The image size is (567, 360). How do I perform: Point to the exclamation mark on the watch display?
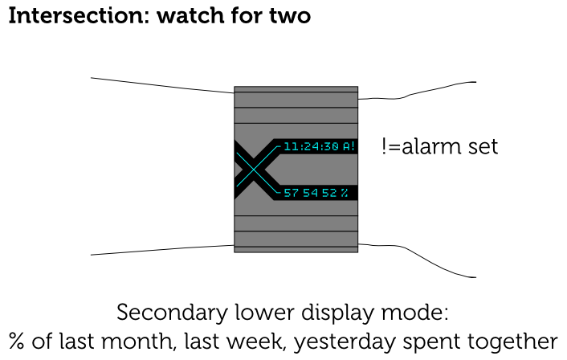(x=353, y=147)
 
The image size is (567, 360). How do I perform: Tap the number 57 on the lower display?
(x=292, y=193)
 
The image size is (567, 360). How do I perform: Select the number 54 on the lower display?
(x=311, y=193)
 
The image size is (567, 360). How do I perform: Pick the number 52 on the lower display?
(x=329, y=193)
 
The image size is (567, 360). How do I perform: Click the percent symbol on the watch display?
(x=345, y=193)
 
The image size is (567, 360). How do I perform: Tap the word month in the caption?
(x=145, y=341)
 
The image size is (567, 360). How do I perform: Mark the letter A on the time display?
(x=346, y=147)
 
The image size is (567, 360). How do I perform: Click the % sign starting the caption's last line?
(x=18, y=341)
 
